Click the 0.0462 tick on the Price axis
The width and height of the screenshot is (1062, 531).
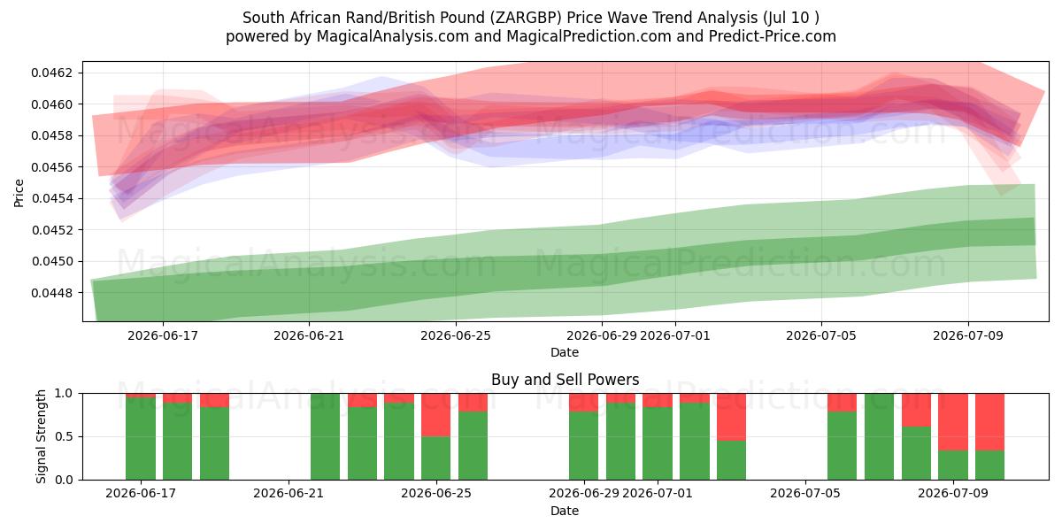pyautogui.click(x=51, y=73)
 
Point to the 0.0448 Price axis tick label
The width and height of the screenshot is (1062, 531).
pyautogui.click(x=51, y=293)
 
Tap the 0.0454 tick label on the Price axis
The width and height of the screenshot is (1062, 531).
pyautogui.click(x=51, y=198)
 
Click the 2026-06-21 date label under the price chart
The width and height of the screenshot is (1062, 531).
pyautogui.click(x=309, y=335)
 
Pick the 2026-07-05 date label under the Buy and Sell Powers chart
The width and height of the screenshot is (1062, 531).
pyautogui.click(x=805, y=493)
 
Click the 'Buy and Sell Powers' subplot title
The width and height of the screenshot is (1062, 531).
pyautogui.click(x=566, y=380)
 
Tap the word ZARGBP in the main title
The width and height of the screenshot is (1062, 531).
pyautogui.click(x=526, y=18)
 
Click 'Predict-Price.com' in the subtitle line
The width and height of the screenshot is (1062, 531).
pyautogui.click(x=773, y=36)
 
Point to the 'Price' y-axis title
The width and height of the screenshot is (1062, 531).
pyautogui.click(x=19, y=193)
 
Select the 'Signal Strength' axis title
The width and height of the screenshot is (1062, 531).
pyautogui.click(x=41, y=436)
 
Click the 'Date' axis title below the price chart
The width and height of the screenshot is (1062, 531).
pyautogui.click(x=565, y=353)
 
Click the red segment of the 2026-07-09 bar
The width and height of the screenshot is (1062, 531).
pyautogui.click(x=953, y=422)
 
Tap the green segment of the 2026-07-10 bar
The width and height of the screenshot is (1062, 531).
pyautogui.click(x=990, y=466)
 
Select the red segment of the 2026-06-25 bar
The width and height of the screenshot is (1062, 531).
pyautogui.click(x=435, y=415)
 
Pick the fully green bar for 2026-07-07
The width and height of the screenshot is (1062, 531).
pyautogui.click(x=879, y=436)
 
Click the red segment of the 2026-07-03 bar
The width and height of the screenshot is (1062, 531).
pyautogui.click(x=731, y=417)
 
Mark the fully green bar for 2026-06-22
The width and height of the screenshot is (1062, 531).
pyautogui.click(x=326, y=436)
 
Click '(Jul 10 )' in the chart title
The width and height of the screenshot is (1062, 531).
pyautogui.click(x=791, y=18)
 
